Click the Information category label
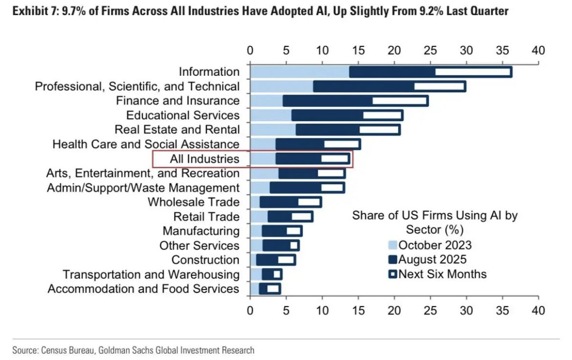click(209, 71)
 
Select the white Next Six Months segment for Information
click(473, 72)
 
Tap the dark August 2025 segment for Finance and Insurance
click(328, 101)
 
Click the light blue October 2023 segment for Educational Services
click(271, 115)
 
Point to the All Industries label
click(205, 159)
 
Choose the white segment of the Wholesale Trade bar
click(309, 202)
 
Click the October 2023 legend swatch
click(393, 245)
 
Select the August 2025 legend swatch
click(393, 260)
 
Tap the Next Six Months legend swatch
click(393, 274)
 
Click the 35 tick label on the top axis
click(502, 50)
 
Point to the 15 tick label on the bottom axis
click(358, 310)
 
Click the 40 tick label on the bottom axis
click(538, 310)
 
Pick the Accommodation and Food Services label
click(143, 289)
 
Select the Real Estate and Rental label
click(177, 130)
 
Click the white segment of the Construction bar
click(286, 260)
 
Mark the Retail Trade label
click(206, 217)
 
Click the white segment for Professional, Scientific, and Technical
click(439, 87)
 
